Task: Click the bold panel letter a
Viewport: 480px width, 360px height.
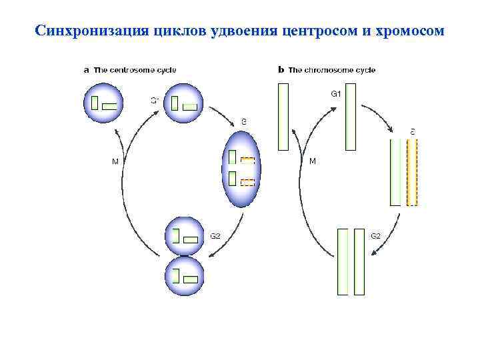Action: [85, 69]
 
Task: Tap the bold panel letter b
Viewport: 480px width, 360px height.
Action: [281, 69]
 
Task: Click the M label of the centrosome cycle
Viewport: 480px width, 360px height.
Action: [115, 161]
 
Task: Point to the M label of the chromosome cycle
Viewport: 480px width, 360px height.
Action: [313, 161]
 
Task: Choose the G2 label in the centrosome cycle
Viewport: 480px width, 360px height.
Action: [215, 235]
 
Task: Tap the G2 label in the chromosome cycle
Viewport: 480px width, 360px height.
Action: [376, 235]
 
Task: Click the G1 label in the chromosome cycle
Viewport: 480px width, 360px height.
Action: [336, 94]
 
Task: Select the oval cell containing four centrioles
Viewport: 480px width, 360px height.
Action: [242, 168]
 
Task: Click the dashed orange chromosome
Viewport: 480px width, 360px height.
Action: [411, 173]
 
